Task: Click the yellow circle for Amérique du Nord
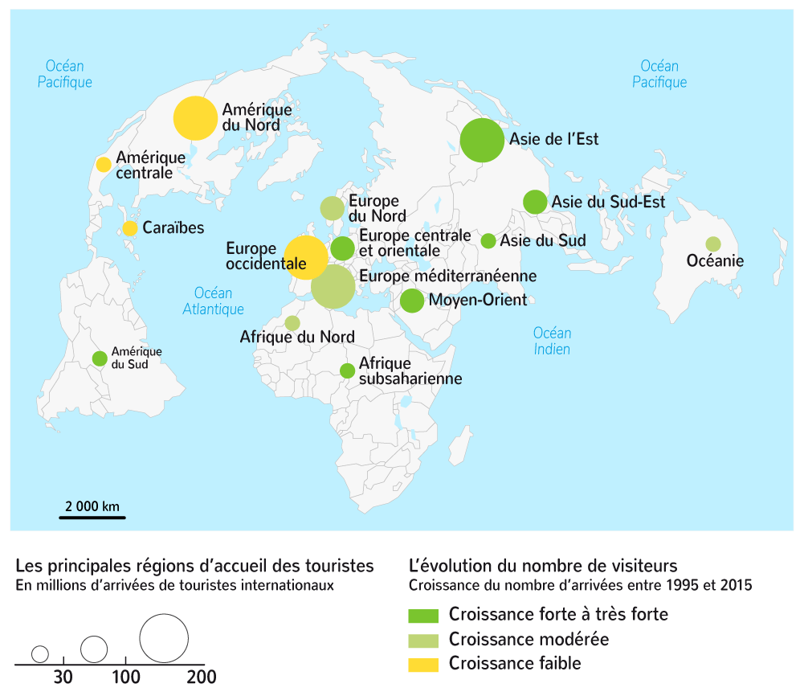click(x=195, y=118)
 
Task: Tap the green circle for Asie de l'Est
click(x=483, y=140)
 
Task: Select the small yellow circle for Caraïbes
click(x=130, y=228)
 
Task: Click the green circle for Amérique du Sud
click(x=100, y=358)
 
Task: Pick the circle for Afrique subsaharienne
click(x=347, y=371)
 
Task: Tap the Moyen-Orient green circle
click(x=412, y=301)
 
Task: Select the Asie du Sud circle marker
click(x=488, y=240)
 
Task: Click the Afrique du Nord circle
click(x=292, y=323)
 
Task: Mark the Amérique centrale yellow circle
click(x=104, y=165)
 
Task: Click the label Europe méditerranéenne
click(x=447, y=276)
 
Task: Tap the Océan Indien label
click(x=553, y=341)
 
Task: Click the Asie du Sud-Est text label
click(x=608, y=203)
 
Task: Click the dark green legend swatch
click(x=423, y=616)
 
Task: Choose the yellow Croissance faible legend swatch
click(x=423, y=665)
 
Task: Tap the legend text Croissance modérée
click(x=529, y=640)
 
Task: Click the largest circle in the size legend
click(x=164, y=638)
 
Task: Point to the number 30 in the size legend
click(x=63, y=678)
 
